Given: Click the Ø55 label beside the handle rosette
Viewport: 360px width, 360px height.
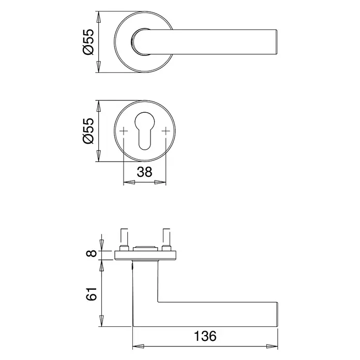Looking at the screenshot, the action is (x=89, y=42).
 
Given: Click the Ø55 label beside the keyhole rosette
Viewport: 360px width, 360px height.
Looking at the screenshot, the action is (x=89, y=131).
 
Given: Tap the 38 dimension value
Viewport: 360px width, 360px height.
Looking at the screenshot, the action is (x=144, y=172).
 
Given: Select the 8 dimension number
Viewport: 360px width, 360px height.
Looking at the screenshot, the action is (x=92, y=253).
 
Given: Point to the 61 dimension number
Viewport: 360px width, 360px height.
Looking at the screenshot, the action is (x=92, y=294).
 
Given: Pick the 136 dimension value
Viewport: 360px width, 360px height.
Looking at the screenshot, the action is (x=205, y=336).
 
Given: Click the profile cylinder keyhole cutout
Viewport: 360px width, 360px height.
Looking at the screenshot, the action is (x=144, y=131).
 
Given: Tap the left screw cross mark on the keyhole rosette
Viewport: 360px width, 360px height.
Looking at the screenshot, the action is (x=124, y=131).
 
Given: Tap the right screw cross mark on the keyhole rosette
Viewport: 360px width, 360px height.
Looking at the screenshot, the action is (x=166, y=131).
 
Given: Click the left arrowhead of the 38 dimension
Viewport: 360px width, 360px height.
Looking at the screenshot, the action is (x=129, y=183).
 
